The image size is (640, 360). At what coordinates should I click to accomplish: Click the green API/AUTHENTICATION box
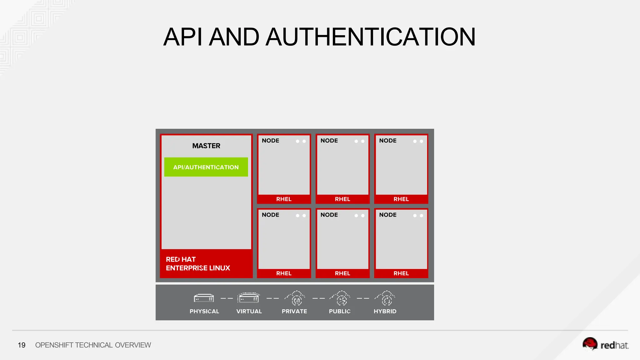coord(206,167)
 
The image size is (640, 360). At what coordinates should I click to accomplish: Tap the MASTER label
coord(206,146)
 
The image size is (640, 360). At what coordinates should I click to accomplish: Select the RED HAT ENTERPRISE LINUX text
coord(198,264)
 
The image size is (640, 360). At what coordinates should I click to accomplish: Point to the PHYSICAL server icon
coord(204,298)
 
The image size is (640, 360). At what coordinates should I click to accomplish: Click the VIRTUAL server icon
coord(249,298)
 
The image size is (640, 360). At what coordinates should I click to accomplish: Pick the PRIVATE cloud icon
coord(295,298)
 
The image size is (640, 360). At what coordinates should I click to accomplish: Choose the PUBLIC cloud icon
coord(341,298)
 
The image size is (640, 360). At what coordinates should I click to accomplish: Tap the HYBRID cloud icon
coord(386,298)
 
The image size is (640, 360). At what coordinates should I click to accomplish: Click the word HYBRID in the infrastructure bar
coord(385,311)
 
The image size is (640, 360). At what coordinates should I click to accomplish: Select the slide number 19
coord(22,345)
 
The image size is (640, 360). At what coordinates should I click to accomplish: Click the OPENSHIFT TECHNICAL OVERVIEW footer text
coord(93,345)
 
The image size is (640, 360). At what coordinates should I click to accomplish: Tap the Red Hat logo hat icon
coord(590,344)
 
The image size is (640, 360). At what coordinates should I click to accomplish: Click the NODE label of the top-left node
coord(271,141)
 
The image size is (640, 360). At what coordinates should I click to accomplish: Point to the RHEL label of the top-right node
coord(401,199)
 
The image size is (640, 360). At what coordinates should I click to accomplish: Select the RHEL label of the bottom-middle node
coord(342,273)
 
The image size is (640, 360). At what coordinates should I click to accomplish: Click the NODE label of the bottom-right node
coord(388,215)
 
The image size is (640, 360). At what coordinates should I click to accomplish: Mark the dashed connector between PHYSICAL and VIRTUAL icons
coord(227,298)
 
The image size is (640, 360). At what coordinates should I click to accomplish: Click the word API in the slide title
coord(182,37)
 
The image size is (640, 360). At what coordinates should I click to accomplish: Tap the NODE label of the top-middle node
coord(329,141)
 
